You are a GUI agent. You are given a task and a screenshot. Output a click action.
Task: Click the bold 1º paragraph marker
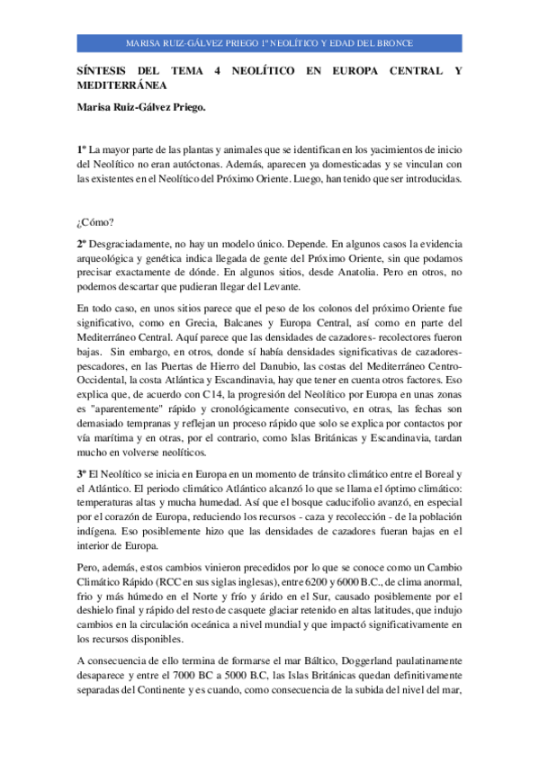(81, 148)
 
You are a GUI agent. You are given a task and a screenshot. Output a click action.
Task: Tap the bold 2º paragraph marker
(81, 244)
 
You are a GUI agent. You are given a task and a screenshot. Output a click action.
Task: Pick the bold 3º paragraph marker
(81, 474)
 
